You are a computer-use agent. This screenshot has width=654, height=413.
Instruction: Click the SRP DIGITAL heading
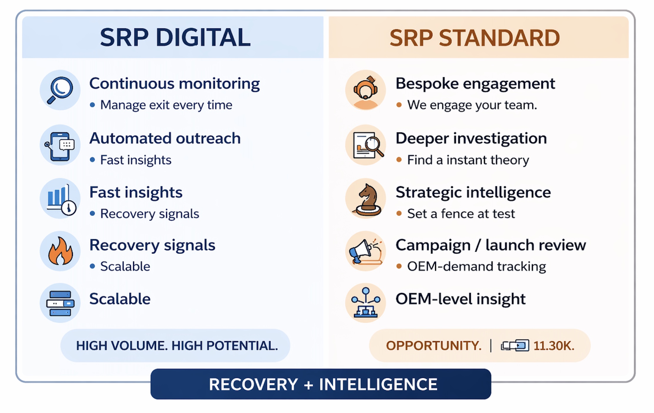tap(175, 37)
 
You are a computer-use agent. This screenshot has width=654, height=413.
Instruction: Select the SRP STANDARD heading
tap(475, 38)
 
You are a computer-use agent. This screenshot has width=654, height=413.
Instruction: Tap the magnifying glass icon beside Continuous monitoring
tap(60, 90)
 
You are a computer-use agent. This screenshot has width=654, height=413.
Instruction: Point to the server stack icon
tap(60, 303)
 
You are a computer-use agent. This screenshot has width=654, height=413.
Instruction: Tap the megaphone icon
tap(365, 252)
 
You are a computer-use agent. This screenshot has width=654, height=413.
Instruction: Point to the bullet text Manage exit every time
tap(166, 105)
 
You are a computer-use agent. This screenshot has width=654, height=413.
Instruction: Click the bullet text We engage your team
tap(472, 105)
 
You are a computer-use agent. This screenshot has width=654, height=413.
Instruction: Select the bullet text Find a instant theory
tap(468, 160)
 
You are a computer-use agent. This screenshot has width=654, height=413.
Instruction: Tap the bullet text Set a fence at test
tap(461, 214)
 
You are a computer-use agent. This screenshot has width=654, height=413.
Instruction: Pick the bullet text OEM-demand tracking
tap(477, 267)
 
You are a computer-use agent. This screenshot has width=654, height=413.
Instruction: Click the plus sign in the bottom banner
tap(308, 385)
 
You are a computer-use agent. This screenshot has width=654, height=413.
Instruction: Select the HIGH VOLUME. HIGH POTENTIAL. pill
tap(175, 346)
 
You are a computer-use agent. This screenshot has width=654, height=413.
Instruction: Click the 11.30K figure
tap(554, 346)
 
